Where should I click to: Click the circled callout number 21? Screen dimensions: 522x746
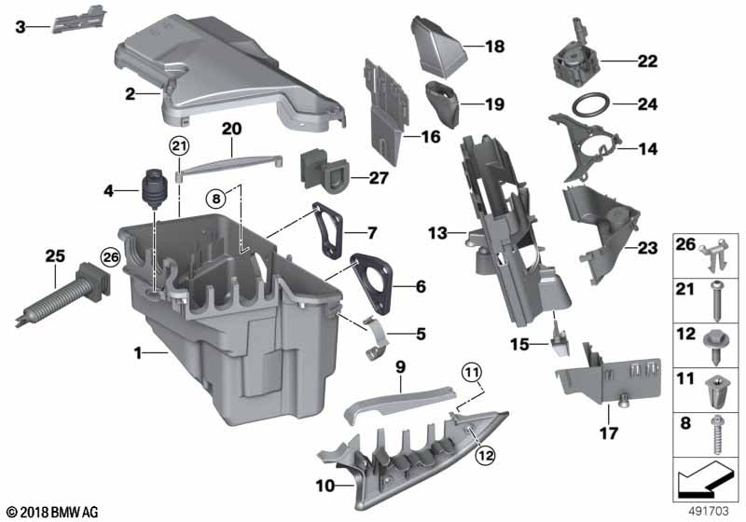178,145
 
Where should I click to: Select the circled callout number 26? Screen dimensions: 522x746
110,256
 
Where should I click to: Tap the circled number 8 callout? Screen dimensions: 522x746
216,198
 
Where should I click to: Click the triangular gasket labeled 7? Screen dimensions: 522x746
327,226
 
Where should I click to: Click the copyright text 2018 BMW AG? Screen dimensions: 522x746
51,512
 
